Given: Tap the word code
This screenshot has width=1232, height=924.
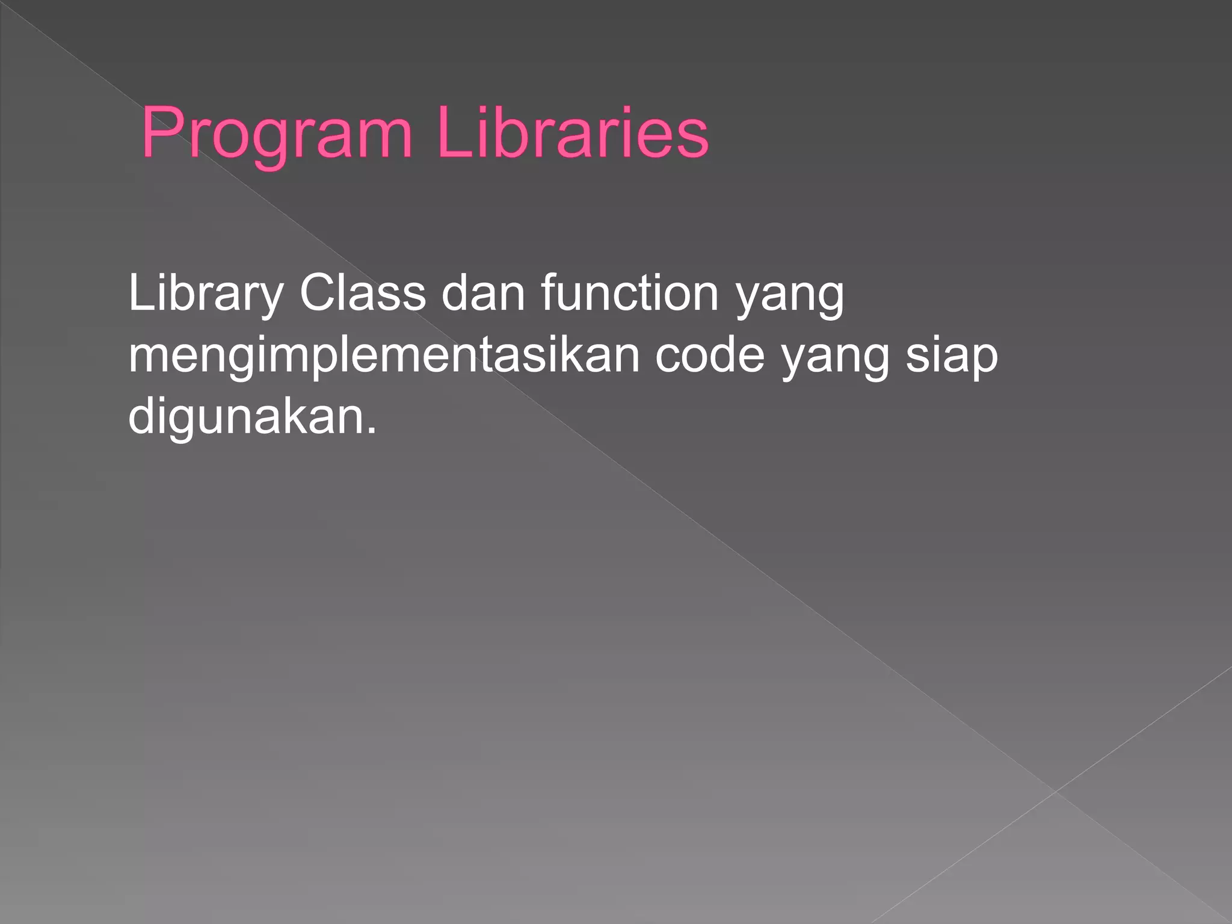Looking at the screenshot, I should [x=710, y=355].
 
